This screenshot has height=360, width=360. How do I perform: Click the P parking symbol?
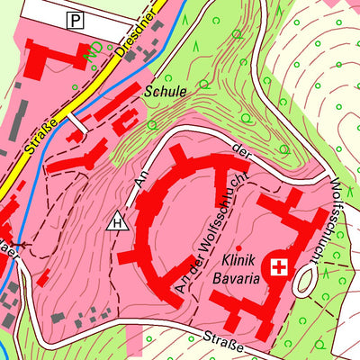[x=76, y=18]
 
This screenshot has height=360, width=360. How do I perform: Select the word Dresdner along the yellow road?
[x=138, y=34]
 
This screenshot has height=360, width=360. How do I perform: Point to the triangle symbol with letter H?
[x=115, y=220]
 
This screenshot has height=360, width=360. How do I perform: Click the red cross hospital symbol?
[x=279, y=267]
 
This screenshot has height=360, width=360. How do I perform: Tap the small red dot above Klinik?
[x=238, y=247]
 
